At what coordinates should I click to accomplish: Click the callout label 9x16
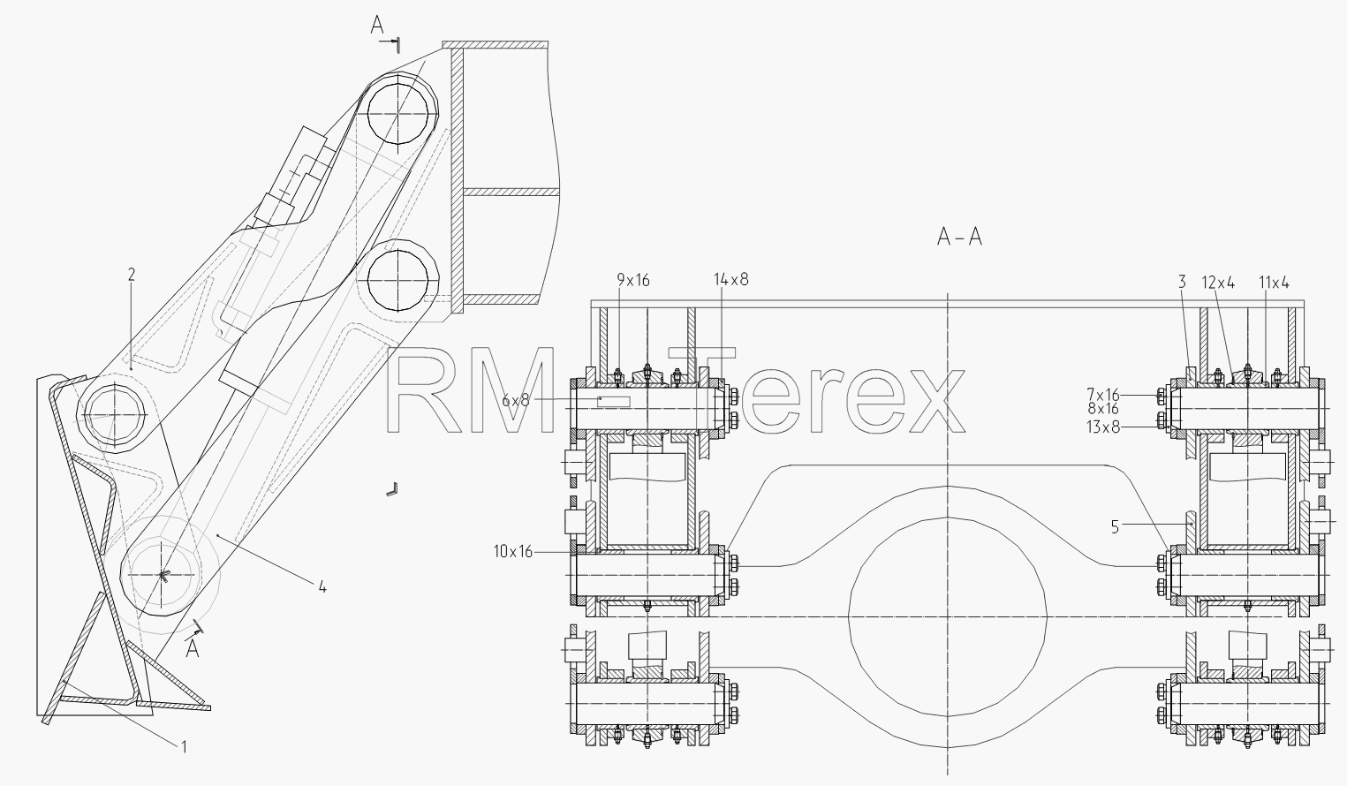pyautogui.click(x=633, y=280)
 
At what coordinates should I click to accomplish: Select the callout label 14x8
pyautogui.click(x=731, y=280)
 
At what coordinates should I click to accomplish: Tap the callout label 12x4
pyautogui.click(x=1218, y=283)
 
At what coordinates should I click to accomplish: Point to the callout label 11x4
pyautogui.click(x=1275, y=283)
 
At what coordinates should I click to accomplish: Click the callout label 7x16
pyautogui.click(x=1103, y=395)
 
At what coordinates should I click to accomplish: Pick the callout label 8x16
pyautogui.click(x=1103, y=409)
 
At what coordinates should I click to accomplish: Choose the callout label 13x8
pyautogui.click(x=1103, y=427)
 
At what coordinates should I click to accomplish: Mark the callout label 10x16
pyautogui.click(x=513, y=551)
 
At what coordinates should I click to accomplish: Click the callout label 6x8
pyautogui.click(x=516, y=400)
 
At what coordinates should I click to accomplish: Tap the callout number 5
pyautogui.click(x=1115, y=527)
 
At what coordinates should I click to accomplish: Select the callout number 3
pyautogui.click(x=1182, y=282)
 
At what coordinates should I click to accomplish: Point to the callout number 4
pyautogui.click(x=322, y=587)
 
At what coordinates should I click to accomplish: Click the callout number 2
pyautogui.click(x=132, y=275)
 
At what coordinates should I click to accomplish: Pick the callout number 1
pyautogui.click(x=184, y=747)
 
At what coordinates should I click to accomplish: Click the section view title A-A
pyautogui.click(x=960, y=237)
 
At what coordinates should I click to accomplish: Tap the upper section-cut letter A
pyautogui.click(x=377, y=26)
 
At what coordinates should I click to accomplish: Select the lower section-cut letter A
pyautogui.click(x=193, y=649)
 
